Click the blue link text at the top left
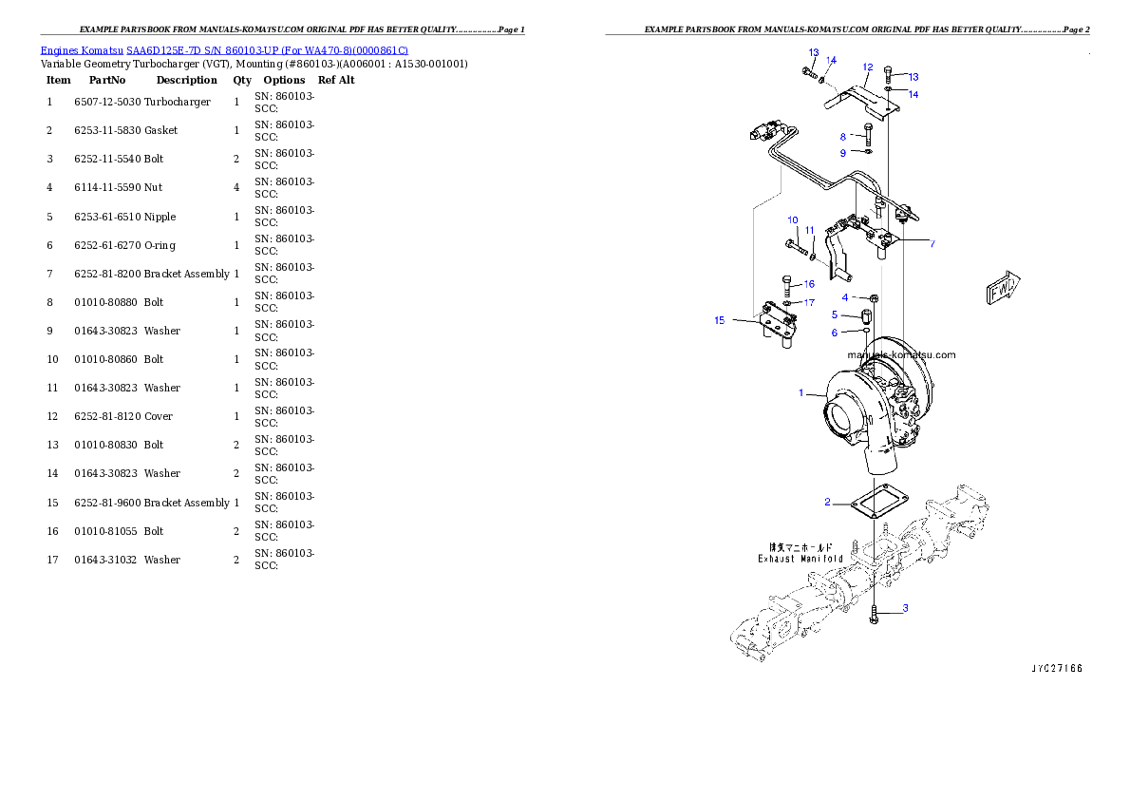click(224, 50)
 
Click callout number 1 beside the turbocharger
click(800, 392)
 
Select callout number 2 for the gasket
click(827, 502)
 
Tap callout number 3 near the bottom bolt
click(905, 608)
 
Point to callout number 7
click(932, 244)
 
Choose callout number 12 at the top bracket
click(867, 67)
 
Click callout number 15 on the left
click(719, 321)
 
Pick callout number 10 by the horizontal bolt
click(793, 220)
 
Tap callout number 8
click(842, 137)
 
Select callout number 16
click(809, 284)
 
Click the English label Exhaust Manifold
click(800, 559)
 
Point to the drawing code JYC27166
click(1056, 669)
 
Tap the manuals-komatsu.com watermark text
click(901, 355)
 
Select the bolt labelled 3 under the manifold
click(874, 615)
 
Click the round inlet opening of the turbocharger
click(843, 419)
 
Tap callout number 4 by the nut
click(844, 297)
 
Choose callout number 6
click(835, 333)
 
